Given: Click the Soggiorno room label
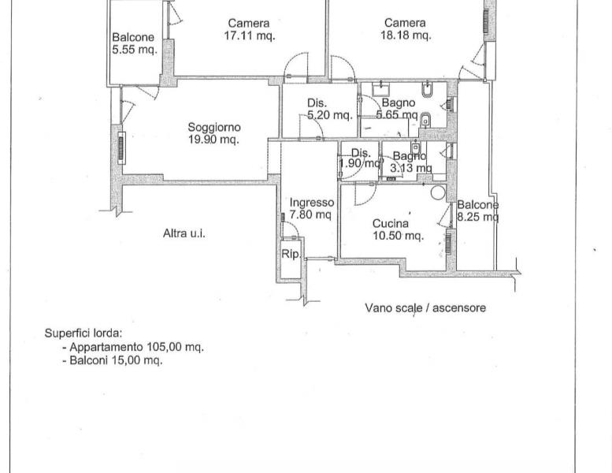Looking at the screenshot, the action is point(214,128).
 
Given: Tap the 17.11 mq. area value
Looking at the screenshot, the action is point(250,36).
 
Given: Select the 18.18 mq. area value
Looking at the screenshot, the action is point(406,35).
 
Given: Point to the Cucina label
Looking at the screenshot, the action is point(391,223).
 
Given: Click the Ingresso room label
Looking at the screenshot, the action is point(311,203).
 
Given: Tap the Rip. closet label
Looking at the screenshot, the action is point(291,255).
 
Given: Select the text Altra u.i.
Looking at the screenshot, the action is point(184,233).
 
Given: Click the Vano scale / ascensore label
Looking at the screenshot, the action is point(425,307).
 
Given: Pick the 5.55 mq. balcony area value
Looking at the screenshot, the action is point(135,50).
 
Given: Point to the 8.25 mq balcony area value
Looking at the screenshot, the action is point(478,216).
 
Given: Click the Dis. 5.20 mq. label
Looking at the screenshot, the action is point(330,109).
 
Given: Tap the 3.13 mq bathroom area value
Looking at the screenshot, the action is point(410,169).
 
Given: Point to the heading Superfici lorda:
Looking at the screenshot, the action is point(83,333).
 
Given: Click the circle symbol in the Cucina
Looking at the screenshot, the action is point(438,192).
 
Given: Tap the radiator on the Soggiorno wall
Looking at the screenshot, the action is point(121,148).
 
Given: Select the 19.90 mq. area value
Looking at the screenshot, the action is point(213,140).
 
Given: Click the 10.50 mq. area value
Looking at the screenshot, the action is point(398,236).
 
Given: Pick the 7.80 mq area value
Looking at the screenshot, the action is point(310,214).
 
